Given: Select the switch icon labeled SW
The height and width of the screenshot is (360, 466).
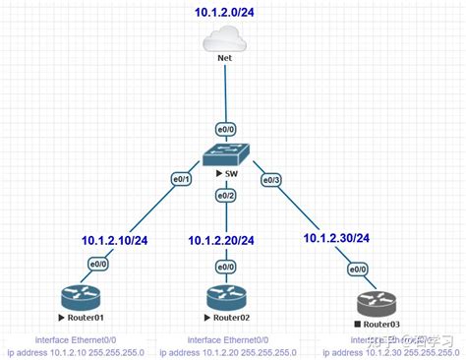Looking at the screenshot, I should coord(225,154).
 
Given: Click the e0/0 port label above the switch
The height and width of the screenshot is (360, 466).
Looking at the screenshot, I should coord(225,129).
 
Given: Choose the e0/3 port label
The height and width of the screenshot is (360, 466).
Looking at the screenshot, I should coord(270,179).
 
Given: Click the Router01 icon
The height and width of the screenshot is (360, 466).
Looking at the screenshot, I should coord(79,297).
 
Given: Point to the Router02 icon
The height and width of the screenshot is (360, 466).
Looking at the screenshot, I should coord(225,297).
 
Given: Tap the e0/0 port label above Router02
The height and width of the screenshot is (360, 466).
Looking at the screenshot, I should coord(225,267).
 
